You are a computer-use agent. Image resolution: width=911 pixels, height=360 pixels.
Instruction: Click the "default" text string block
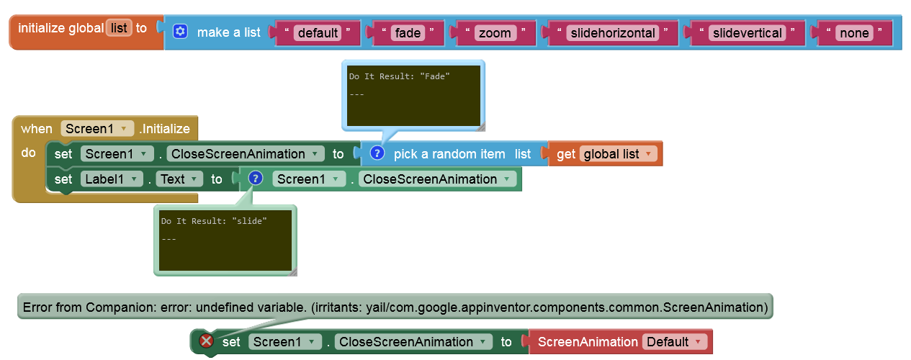[x=318, y=32]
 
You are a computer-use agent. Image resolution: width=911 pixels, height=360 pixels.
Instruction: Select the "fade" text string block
[x=407, y=32]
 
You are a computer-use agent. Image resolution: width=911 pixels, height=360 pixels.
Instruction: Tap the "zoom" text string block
[x=495, y=32]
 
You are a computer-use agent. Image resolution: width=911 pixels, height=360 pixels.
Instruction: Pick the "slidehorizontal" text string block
[x=612, y=32]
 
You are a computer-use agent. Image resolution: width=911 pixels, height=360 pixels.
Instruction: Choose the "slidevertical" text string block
[x=746, y=32]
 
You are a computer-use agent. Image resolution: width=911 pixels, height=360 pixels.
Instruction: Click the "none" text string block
[x=853, y=32]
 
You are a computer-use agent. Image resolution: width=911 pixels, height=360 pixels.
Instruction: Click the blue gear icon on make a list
[x=180, y=32]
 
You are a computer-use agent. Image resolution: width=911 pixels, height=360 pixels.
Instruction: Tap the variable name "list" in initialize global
[x=119, y=28]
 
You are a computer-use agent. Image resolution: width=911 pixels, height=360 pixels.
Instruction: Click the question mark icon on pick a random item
[x=377, y=153]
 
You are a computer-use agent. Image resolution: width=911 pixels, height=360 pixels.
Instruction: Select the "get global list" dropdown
[x=618, y=153]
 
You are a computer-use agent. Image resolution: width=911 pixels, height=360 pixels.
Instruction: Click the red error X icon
[x=206, y=341]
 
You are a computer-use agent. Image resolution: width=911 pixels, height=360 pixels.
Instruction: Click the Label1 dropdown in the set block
[x=115, y=179]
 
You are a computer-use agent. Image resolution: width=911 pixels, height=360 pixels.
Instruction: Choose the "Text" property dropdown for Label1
[x=178, y=179]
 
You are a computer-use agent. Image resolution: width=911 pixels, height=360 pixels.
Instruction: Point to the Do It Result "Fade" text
[x=399, y=76]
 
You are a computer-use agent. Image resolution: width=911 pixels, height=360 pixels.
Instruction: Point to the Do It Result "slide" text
[x=214, y=221]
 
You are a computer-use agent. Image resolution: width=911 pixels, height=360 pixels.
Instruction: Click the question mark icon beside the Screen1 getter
[x=255, y=179]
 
